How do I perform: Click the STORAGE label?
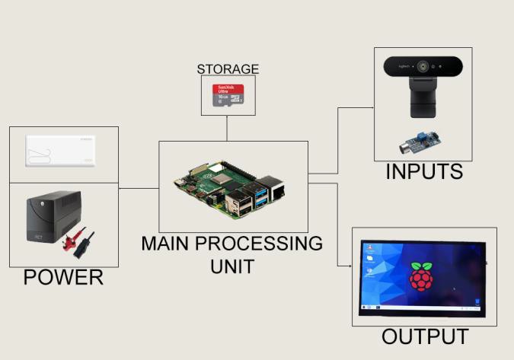[228, 69]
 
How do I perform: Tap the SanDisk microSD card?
[228, 96]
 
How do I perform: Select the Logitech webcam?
[423, 84]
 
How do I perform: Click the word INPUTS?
[423, 172]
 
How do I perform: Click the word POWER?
[63, 277]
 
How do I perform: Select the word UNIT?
[231, 266]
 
